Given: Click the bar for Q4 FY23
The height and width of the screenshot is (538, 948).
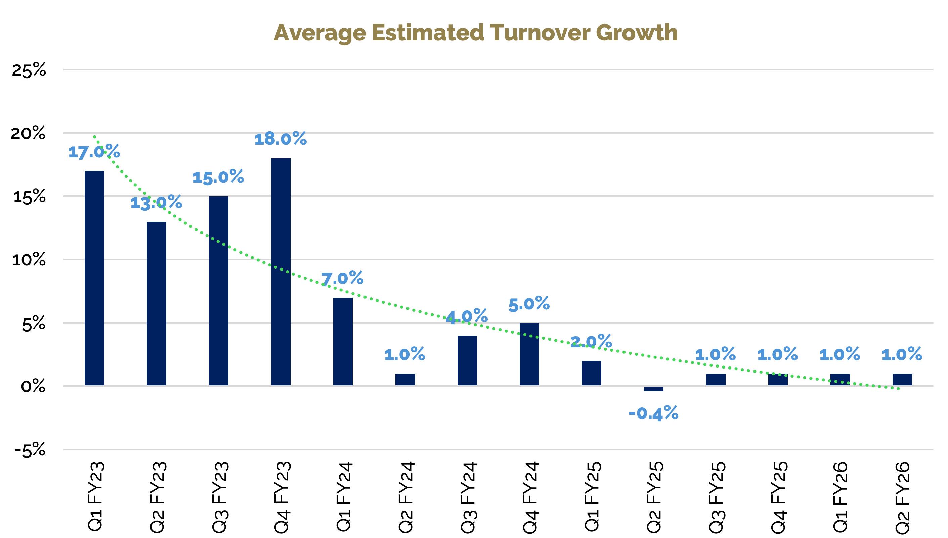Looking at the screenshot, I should pyautogui.click(x=281, y=272).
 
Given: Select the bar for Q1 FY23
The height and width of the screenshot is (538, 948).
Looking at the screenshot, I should pyautogui.click(x=94, y=278).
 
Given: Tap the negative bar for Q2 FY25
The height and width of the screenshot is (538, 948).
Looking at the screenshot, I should pyautogui.click(x=653, y=389).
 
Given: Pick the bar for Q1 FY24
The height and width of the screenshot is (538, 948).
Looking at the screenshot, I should pyautogui.click(x=343, y=341).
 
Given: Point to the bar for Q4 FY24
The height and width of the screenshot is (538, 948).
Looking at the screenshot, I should pyautogui.click(x=529, y=354).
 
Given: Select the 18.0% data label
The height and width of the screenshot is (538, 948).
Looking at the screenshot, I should pyautogui.click(x=281, y=139).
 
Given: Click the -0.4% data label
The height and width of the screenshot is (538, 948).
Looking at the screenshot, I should pyautogui.click(x=653, y=413).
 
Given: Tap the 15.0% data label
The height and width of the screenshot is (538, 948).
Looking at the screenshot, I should pyautogui.click(x=218, y=177).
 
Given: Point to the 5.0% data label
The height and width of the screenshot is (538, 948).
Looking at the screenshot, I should pyautogui.click(x=529, y=304).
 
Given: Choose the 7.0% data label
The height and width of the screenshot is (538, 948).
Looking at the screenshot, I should pyautogui.click(x=342, y=278).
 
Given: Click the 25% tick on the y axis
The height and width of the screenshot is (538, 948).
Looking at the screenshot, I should pyautogui.click(x=29, y=70).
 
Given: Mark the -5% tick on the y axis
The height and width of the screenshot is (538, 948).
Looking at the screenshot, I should pyautogui.click(x=30, y=450).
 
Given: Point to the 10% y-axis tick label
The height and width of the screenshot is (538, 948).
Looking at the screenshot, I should pyautogui.click(x=29, y=260).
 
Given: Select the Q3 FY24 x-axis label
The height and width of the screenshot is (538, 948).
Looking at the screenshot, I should pyautogui.click(x=467, y=497).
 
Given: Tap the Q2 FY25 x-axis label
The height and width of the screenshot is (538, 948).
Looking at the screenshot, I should pyautogui.click(x=654, y=497).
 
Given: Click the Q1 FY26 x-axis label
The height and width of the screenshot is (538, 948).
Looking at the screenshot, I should pyautogui.click(x=840, y=497).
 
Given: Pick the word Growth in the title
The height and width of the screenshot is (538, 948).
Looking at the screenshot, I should pyautogui.click(x=637, y=33).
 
